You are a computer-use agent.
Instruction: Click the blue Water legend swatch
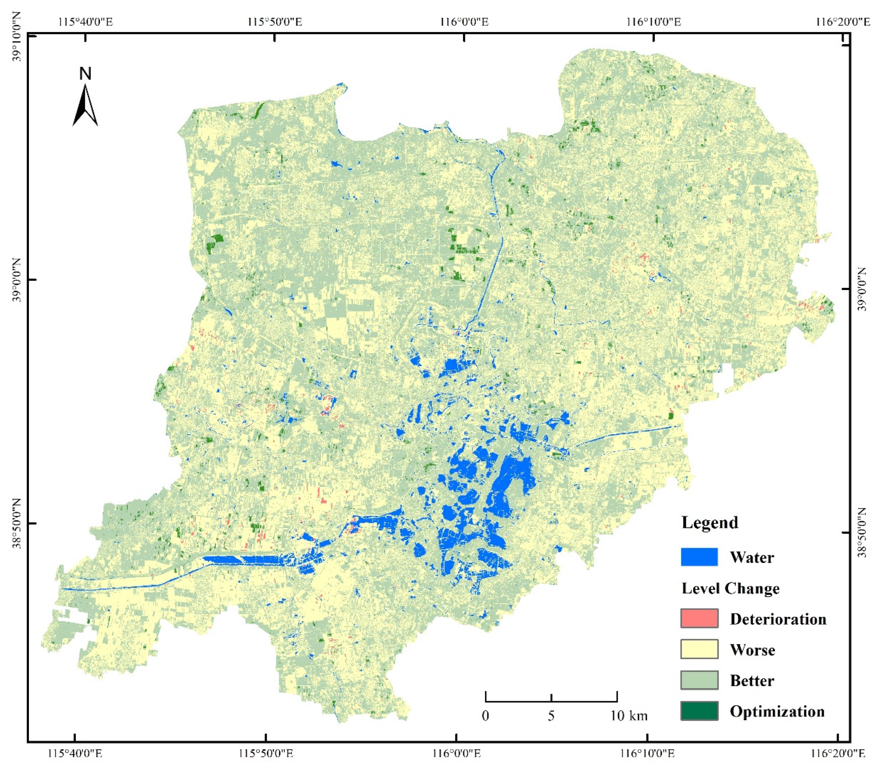click(x=699, y=557)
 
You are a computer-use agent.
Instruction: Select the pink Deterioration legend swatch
click(x=699, y=619)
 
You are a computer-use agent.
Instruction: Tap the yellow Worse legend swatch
click(x=699, y=649)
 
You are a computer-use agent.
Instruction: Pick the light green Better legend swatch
click(x=699, y=680)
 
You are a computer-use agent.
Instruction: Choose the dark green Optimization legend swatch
click(x=699, y=711)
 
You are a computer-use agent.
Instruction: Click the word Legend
click(x=710, y=523)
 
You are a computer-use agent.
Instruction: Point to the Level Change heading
click(x=730, y=588)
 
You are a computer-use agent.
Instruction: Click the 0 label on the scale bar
click(x=485, y=716)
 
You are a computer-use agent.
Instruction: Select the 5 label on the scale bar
click(x=551, y=716)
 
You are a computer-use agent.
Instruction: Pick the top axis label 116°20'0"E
click(x=843, y=21)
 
